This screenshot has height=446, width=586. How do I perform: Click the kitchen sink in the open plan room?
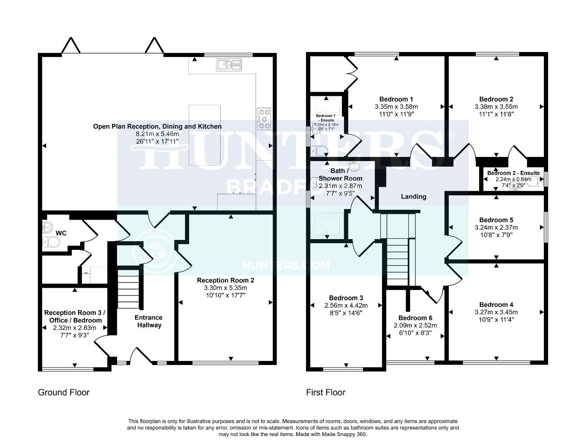click(228, 64)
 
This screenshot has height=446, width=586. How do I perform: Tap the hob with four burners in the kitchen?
click(264, 118)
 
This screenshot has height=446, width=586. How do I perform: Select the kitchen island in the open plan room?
click(204, 135)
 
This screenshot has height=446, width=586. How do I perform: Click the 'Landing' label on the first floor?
click(413, 197)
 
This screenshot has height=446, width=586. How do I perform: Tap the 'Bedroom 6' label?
click(415, 318)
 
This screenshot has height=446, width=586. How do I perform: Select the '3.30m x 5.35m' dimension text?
click(225, 288)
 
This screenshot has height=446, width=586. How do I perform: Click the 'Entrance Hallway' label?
click(148, 321)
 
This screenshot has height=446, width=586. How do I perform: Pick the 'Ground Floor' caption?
click(64, 392)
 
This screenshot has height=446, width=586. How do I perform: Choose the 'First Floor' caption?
click(325, 392)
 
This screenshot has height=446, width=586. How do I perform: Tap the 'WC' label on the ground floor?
click(61, 233)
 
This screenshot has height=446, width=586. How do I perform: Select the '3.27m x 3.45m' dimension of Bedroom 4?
click(496, 312)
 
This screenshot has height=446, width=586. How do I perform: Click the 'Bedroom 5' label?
click(496, 220)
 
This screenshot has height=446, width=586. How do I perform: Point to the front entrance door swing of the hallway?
click(138, 355)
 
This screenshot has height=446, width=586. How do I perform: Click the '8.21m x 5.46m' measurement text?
click(157, 134)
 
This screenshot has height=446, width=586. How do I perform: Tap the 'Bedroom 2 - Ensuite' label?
click(513, 173)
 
